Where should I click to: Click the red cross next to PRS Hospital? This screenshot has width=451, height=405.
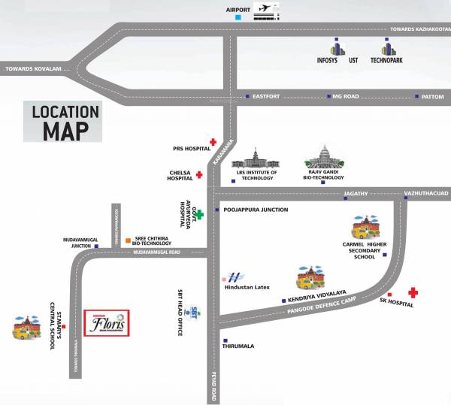[x=213, y=141]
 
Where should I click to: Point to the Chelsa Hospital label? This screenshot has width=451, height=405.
[x=181, y=176]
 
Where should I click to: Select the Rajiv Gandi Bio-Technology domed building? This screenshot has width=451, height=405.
[x=324, y=159]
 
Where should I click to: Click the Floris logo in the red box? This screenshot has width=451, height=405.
[x=105, y=324]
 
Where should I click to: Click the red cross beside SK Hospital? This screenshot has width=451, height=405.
[x=413, y=292]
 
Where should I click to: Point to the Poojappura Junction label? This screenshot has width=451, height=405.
[x=255, y=210]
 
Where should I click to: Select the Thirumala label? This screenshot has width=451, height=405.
[x=238, y=346]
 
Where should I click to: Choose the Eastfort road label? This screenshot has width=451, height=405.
[x=268, y=97]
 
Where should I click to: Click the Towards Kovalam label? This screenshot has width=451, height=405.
[x=33, y=69]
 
